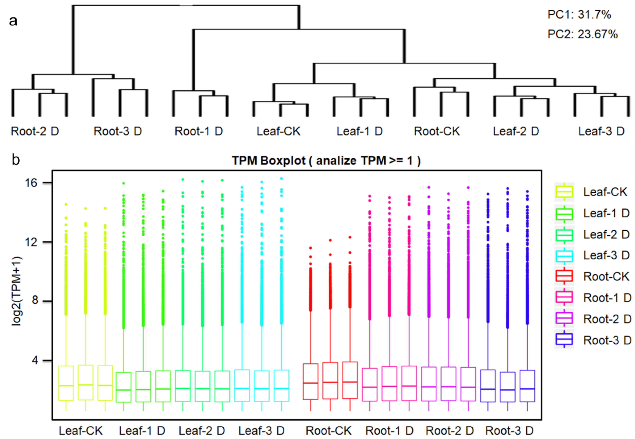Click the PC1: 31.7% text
[579, 15]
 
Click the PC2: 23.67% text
[582, 34]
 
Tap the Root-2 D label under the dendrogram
[35, 131]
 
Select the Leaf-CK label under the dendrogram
[278, 131]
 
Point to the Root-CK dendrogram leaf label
[437, 131]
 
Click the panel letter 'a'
[13, 21]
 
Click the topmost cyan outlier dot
[281, 179]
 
